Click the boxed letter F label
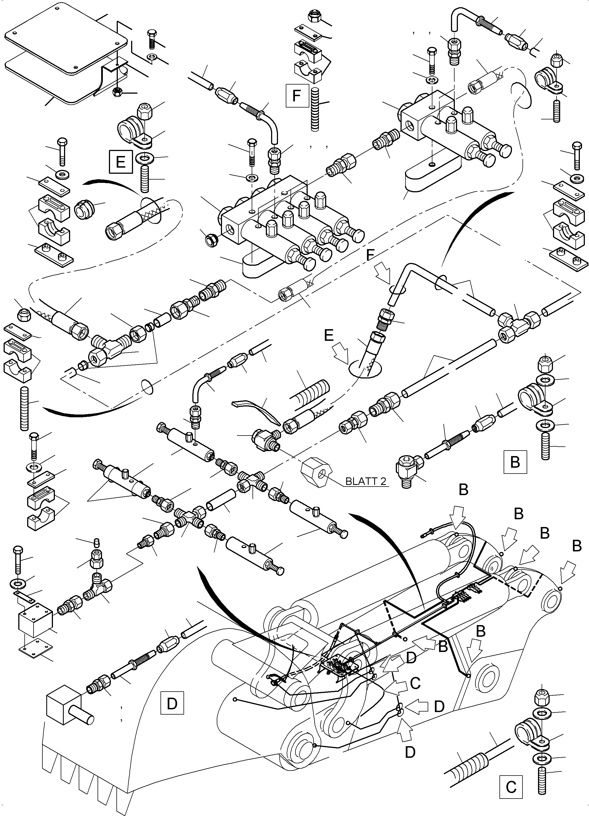click(x=297, y=96)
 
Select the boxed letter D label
click(x=172, y=702)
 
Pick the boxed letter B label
click(x=515, y=462)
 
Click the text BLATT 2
click(x=366, y=481)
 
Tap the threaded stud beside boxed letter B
click(x=545, y=446)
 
